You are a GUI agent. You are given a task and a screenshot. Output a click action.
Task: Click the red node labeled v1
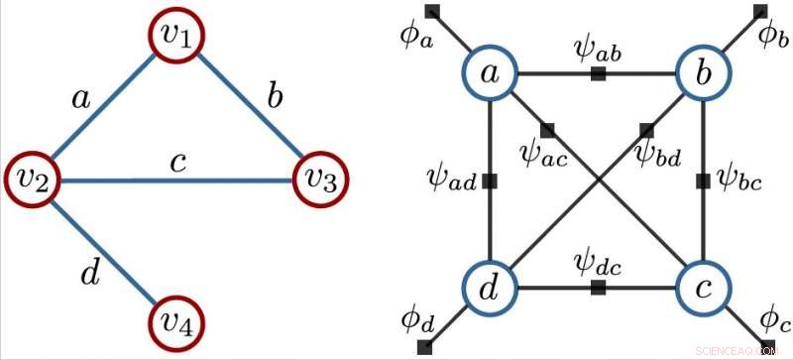(180, 38)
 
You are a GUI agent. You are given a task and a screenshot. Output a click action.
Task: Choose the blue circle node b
(703, 73)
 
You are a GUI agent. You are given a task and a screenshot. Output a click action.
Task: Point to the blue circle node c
(703, 289)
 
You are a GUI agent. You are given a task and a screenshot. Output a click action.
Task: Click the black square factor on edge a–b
(598, 74)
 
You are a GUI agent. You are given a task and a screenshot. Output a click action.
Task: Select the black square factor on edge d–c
(598, 289)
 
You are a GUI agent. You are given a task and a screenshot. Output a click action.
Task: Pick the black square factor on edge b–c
(703, 181)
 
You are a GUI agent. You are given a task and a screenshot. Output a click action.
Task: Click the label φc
(773, 320)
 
